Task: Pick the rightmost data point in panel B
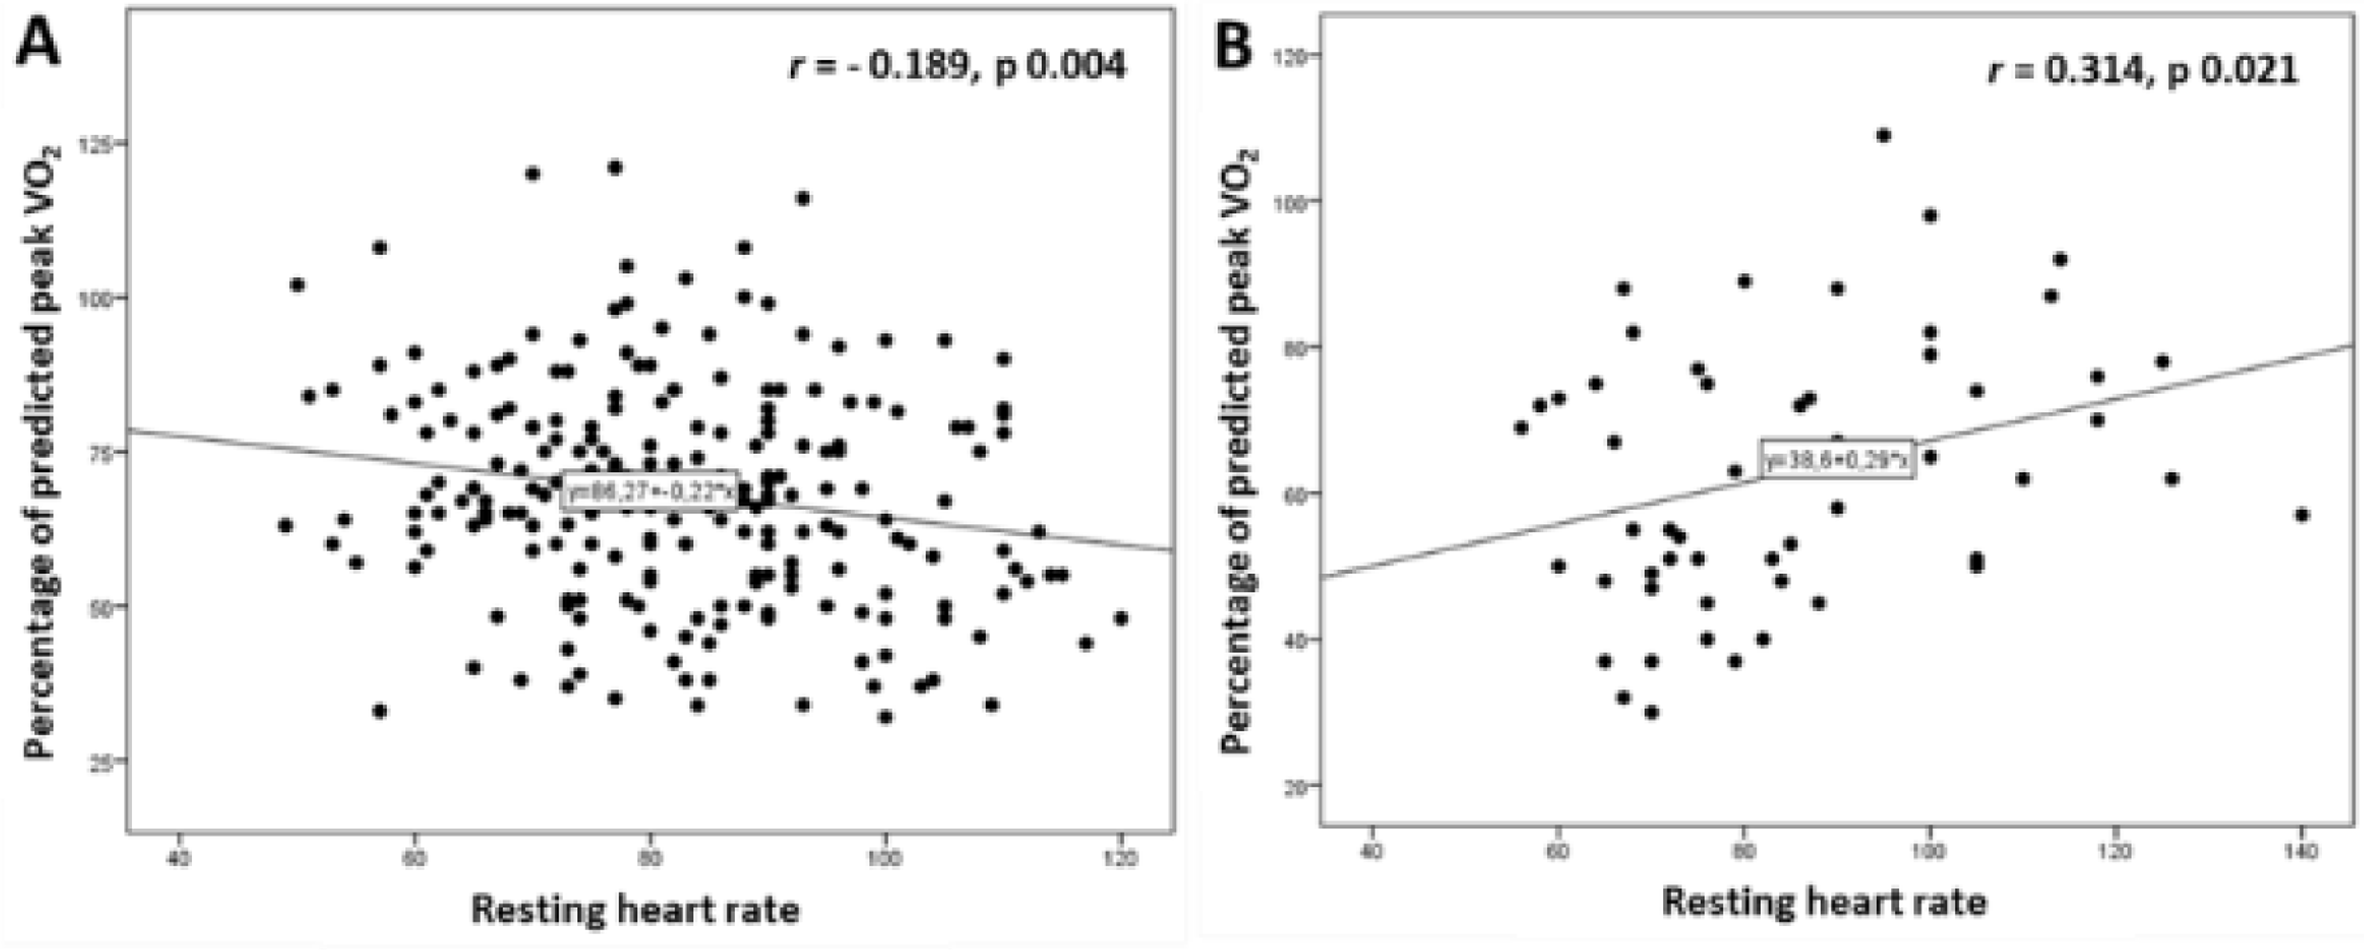(x=2302, y=514)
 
